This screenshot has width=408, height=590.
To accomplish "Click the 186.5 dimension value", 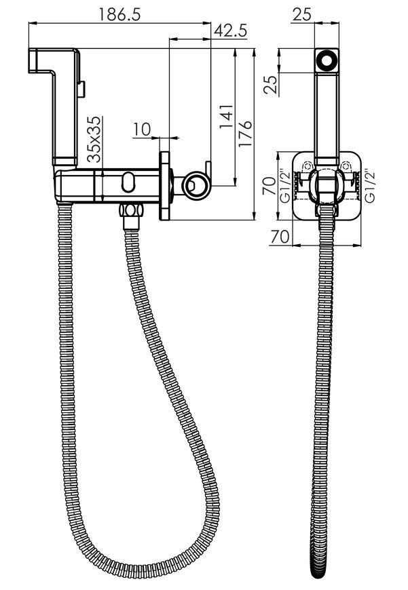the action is [119, 14].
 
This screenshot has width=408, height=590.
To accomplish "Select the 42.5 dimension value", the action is [231, 31].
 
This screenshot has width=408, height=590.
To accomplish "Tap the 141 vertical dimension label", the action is [227, 116].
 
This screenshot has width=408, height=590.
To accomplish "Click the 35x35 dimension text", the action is [94, 139].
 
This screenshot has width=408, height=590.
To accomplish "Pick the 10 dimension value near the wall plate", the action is [142, 130].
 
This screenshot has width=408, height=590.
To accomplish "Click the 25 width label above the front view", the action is [302, 15].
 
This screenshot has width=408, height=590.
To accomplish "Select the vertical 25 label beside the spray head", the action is [271, 85].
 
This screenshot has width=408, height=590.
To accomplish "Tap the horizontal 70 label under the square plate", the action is [280, 237].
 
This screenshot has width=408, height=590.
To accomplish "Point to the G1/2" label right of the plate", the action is [371, 186].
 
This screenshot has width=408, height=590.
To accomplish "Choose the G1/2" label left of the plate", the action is [285, 186].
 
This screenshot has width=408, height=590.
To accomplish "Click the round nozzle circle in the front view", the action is [327, 60].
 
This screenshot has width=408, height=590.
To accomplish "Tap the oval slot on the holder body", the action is [128, 182].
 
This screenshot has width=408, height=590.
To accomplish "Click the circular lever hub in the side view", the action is [196, 186].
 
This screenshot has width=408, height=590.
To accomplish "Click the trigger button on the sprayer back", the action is [81, 90].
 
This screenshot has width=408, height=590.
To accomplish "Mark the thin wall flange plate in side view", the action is [164, 186].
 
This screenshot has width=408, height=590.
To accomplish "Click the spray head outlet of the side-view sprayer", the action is [33, 60].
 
